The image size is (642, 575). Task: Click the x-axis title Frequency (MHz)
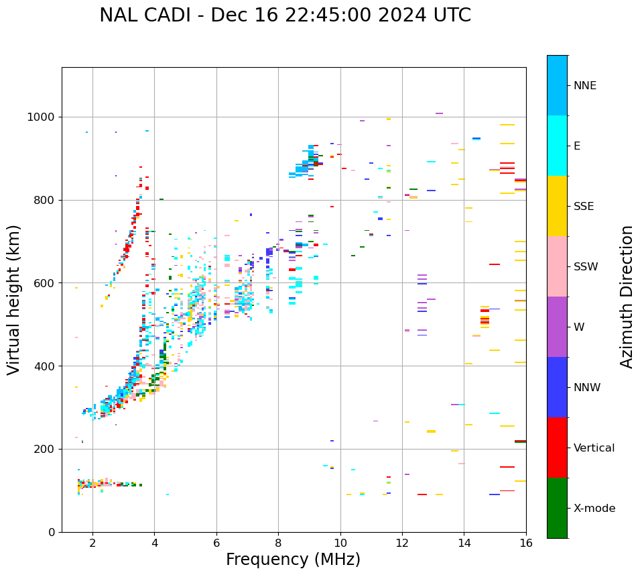[293, 560]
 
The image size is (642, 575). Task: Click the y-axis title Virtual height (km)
[14, 300]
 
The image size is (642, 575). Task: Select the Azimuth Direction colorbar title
[627, 297]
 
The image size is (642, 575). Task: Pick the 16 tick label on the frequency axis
[526, 543]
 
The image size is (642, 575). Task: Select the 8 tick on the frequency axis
[278, 543]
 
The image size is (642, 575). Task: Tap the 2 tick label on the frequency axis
[92, 543]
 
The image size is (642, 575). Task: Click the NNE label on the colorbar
[585, 86]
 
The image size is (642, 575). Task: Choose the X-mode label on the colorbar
[594, 509]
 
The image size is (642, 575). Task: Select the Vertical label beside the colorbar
[594, 448]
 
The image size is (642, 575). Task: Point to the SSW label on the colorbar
[586, 267]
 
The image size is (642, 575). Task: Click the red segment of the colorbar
[557, 448]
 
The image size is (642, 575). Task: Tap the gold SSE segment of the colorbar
[557, 206]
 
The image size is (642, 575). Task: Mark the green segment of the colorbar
[557, 508]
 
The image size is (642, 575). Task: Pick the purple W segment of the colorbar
[557, 327]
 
